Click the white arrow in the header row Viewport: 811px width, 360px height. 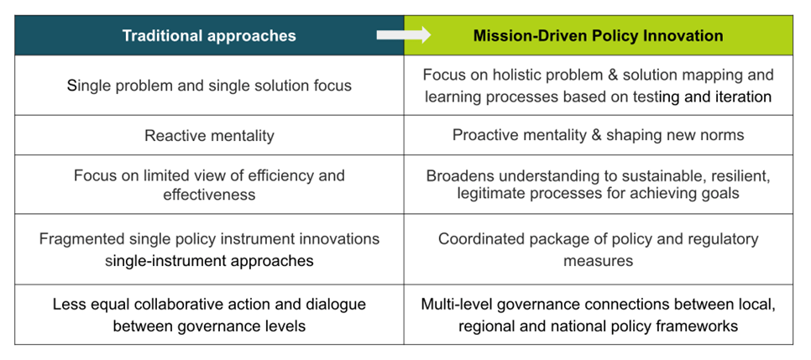coord(404,34)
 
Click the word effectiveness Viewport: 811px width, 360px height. coord(210,195)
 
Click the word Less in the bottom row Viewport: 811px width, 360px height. coord(65,304)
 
